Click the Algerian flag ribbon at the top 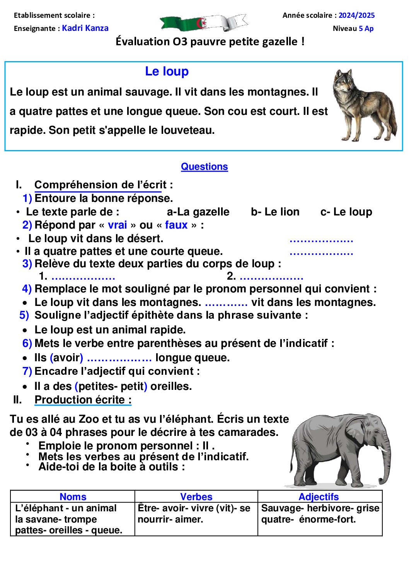pyautogui.click(x=204, y=23)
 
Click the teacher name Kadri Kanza pyautogui.click(x=85, y=28)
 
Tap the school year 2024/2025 pyautogui.click(x=356, y=15)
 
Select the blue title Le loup pyautogui.click(x=167, y=72)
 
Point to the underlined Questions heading pyautogui.click(x=204, y=167)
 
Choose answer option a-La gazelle pyautogui.click(x=198, y=212)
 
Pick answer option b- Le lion pyautogui.click(x=275, y=212)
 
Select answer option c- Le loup pyautogui.click(x=346, y=212)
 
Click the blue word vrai pyautogui.click(x=117, y=225)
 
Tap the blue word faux pyautogui.click(x=176, y=225)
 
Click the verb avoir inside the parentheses pyautogui.click(x=66, y=358)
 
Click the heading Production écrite pyautogui.click(x=83, y=400)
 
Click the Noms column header pyautogui.click(x=73, y=497)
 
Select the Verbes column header pyautogui.click(x=196, y=497)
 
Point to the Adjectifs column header pyautogui.click(x=319, y=497)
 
